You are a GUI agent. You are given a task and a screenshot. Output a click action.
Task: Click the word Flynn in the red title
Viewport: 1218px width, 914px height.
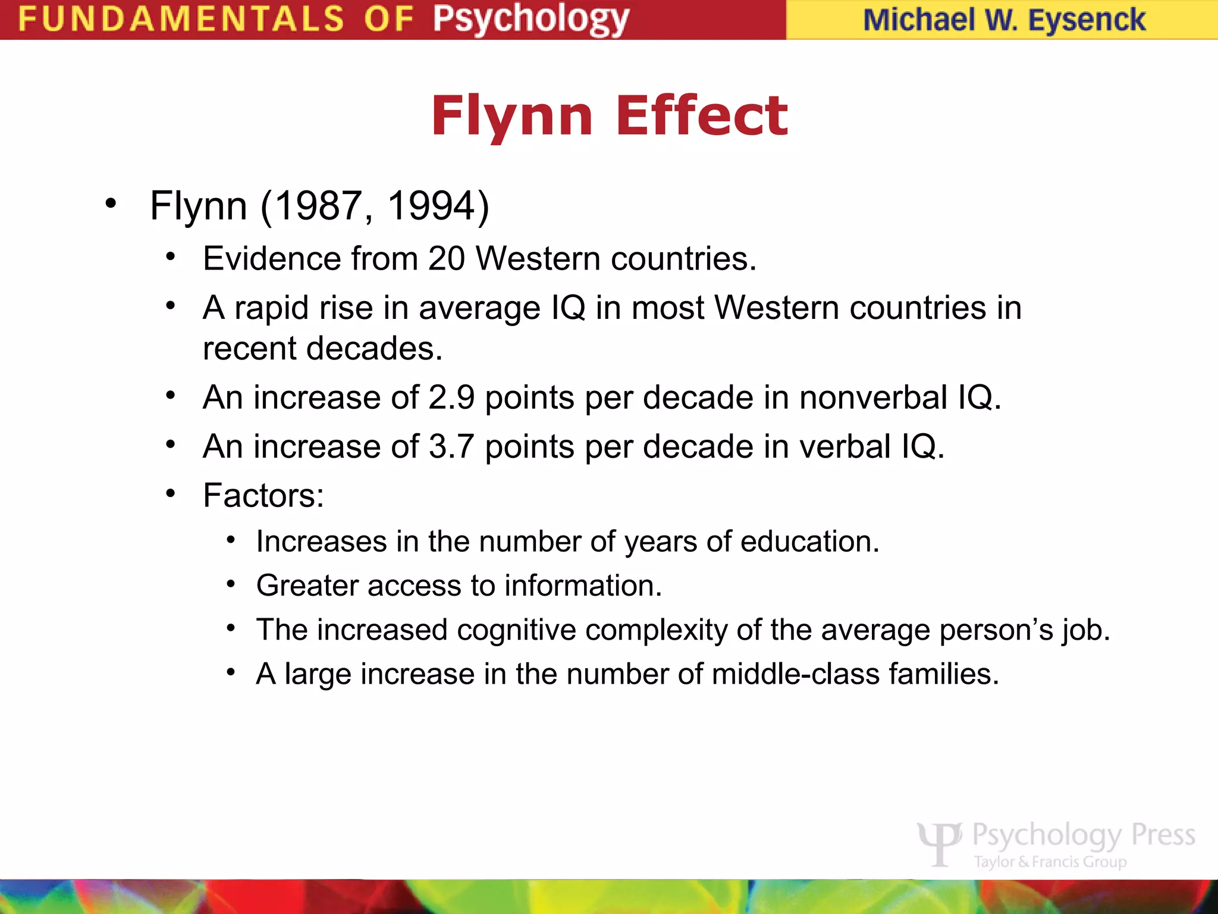[x=511, y=117]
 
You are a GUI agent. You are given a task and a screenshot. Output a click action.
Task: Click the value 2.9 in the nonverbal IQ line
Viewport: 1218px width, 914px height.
[x=451, y=397]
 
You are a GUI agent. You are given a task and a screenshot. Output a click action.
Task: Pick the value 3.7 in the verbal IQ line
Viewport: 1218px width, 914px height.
[x=451, y=446]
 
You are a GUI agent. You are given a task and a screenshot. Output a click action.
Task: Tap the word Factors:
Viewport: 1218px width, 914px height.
[x=263, y=495]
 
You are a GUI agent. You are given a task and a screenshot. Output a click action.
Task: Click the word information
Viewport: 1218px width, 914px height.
[x=583, y=586]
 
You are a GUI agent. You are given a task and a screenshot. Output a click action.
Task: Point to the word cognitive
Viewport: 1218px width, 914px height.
[x=516, y=630]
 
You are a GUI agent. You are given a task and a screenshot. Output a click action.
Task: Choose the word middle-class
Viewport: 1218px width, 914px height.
[x=795, y=674]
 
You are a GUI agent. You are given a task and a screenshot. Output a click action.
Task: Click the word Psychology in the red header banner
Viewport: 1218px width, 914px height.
[x=530, y=19]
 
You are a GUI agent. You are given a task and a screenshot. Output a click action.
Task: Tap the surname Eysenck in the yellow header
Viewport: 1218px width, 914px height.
[x=1087, y=20]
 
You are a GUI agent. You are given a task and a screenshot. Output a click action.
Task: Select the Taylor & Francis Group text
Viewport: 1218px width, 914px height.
[x=1050, y=862]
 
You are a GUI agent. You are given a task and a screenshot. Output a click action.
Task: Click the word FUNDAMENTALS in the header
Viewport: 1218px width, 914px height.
[x=181, y=19]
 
